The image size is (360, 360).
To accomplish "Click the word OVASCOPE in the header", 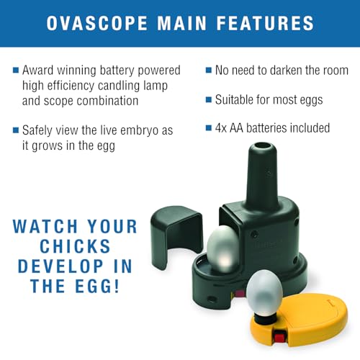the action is pos(96,23).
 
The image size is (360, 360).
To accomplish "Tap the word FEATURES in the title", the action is pos(265,23).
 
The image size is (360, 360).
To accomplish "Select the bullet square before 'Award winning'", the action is pos(16,71).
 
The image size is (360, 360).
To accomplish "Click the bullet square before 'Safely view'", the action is pos(16,130).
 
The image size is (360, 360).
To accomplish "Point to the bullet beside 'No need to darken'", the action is pos(209,71).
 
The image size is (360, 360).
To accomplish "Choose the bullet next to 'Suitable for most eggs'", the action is pos(209,99).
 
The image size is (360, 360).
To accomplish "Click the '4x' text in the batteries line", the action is pos(221,128).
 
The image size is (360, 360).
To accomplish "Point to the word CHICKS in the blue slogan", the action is pos(75,246).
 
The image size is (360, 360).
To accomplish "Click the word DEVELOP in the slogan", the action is pos(60,266).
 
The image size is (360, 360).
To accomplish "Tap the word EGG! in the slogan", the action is pos(97,286).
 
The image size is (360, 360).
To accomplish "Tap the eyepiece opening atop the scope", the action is pos(262,146).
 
